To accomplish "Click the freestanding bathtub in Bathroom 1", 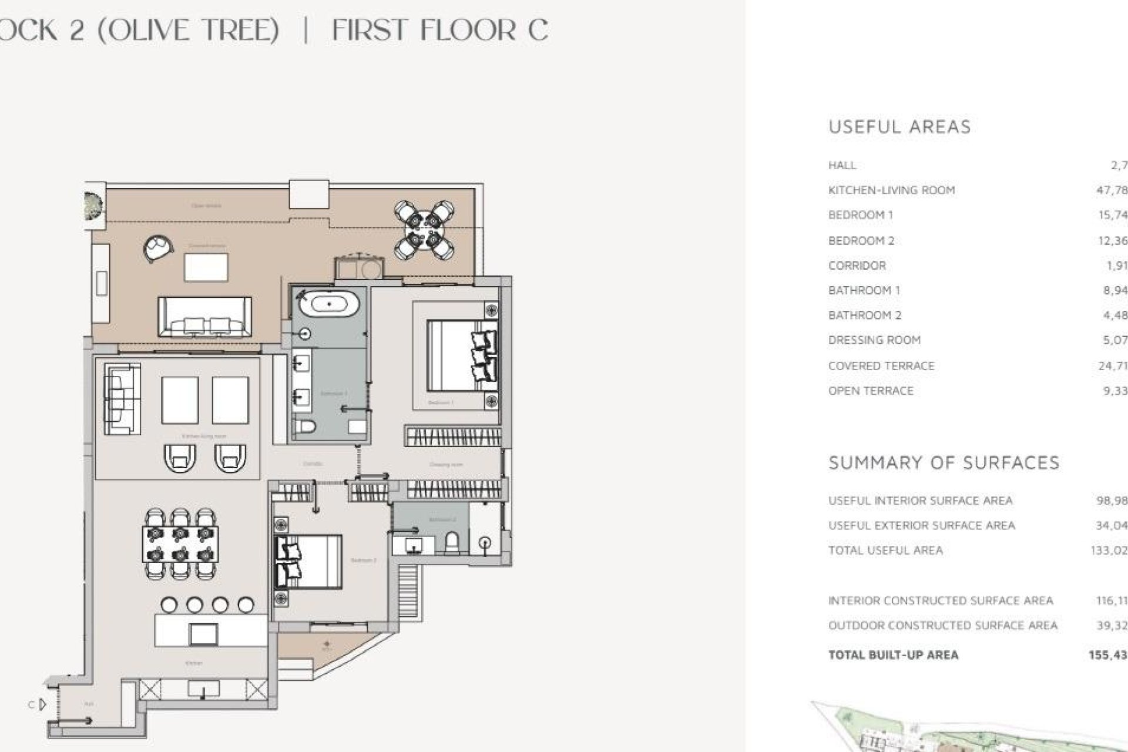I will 329,304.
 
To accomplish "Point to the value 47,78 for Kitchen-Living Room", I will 1112,190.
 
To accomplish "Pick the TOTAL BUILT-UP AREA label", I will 893,654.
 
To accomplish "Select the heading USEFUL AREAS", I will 899,127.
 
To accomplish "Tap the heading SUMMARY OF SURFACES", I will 944,463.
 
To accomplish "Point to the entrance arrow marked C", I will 42,704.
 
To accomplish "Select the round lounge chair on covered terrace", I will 158,248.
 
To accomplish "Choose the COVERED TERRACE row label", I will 881,365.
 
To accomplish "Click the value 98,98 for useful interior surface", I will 1111,501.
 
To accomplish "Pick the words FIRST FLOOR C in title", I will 440,29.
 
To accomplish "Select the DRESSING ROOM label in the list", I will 874,340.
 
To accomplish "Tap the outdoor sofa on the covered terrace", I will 204,317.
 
